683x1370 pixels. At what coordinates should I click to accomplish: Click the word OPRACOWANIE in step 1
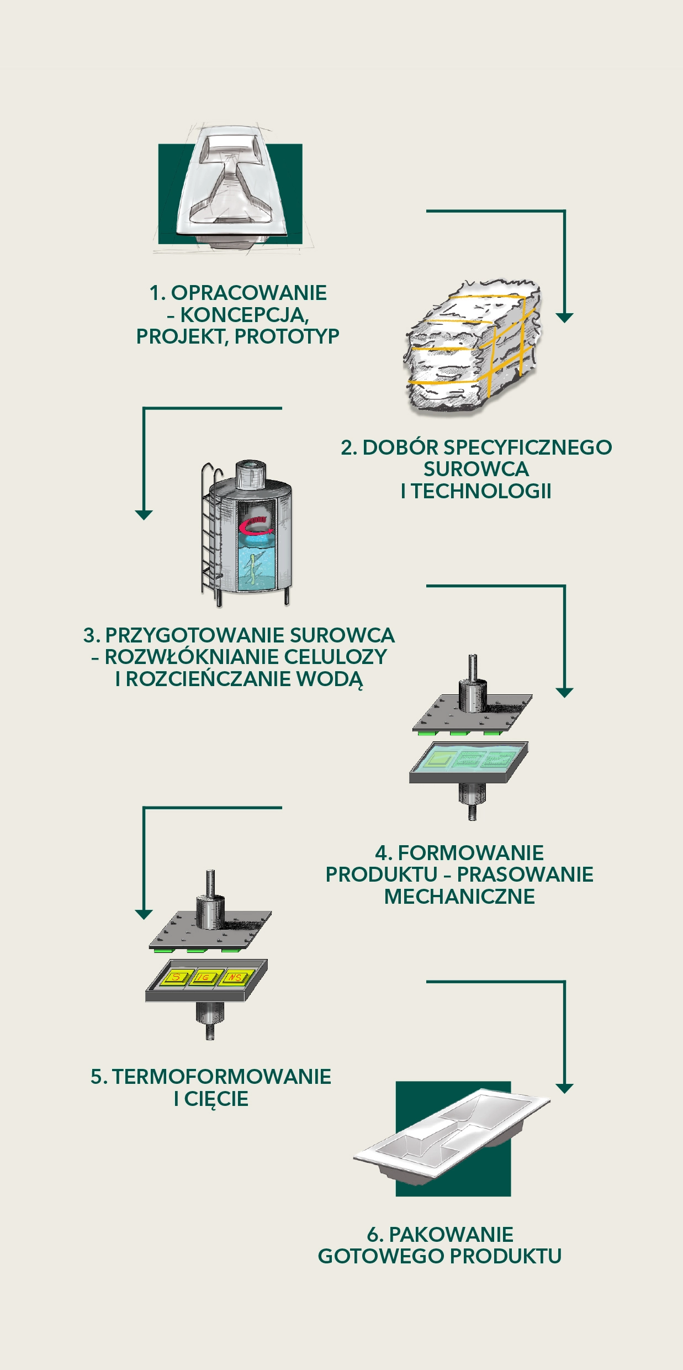(x=248, y=293)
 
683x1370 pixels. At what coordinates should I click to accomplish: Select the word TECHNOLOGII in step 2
(x=481, y=491)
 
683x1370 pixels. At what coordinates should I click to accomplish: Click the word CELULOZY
(x=336, y=657)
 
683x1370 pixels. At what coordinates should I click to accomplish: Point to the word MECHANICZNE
(x=459, y=896)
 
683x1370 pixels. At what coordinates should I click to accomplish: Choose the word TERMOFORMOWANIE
(x=221, y=1077)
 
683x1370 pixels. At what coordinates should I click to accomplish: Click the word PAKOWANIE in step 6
(x=451, y=1235)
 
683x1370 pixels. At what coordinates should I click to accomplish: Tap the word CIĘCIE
(x=216, y=1099)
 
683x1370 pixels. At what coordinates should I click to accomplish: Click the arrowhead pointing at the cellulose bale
(x=564, y=318)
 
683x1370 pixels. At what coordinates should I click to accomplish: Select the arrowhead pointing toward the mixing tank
(x=144, y=515)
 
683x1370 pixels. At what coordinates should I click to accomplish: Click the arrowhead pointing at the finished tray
(x=564, y=1089)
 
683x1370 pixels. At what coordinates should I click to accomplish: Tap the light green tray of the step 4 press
(x=469, y=758)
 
